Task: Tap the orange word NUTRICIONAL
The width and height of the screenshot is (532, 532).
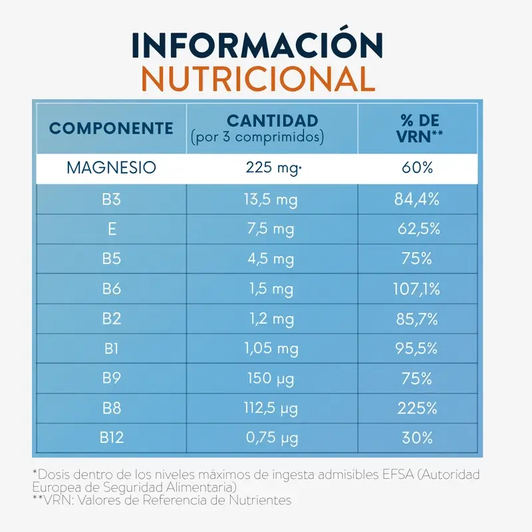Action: (x=258, y=79)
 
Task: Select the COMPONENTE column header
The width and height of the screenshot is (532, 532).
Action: (x=111, y=128)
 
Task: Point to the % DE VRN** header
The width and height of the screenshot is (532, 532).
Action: (x=420, y=128)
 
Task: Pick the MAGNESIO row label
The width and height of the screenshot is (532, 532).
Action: (x=111, y=168)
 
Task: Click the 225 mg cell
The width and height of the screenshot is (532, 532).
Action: (x=273, y=168)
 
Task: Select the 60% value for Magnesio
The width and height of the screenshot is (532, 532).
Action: (x=418, y=168)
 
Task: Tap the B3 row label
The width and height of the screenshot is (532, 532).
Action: (x=111, y=199)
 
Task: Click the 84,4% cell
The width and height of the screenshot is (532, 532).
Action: (x=417, y=199)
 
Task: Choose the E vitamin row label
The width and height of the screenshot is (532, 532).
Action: (x=112, y=229)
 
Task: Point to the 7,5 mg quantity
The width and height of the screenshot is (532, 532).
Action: (x=271, y=229)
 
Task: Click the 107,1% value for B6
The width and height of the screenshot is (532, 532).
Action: (x=417, y=289)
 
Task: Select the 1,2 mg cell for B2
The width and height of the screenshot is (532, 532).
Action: (x=272, y=319)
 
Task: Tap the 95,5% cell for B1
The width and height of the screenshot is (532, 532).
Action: (x=416, y=348)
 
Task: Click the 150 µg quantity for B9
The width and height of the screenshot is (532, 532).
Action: (x=271, y=378)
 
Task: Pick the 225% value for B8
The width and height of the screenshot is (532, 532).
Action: (x=418, y=408)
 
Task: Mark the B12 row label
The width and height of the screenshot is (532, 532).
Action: (x=112, y=438)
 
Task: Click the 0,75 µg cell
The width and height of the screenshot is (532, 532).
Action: (x=272, y=438)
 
